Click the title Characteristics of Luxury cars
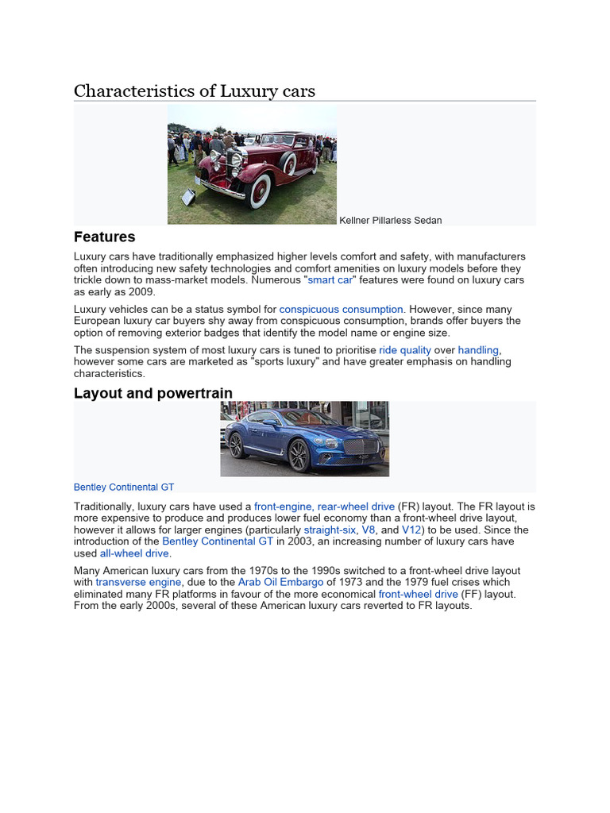click(195, 91)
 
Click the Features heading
click(104, 237)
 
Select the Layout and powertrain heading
click(153, 393)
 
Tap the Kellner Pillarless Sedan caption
click(391, 220)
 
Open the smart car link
click(330, 280)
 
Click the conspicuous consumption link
click(342, 309)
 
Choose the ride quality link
click(405, 349)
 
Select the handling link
click(478, 349)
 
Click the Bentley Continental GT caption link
click(124, 487)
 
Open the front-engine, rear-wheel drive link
click(324, 507)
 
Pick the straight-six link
click(330, 530)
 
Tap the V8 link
click(369, 530)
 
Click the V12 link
click(411, 530)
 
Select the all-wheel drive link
click(134, 553)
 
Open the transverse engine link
click(138, 582)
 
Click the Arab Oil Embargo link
click(280, 582)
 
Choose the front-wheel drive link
click(418, 594)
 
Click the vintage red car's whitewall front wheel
click(261, 191)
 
